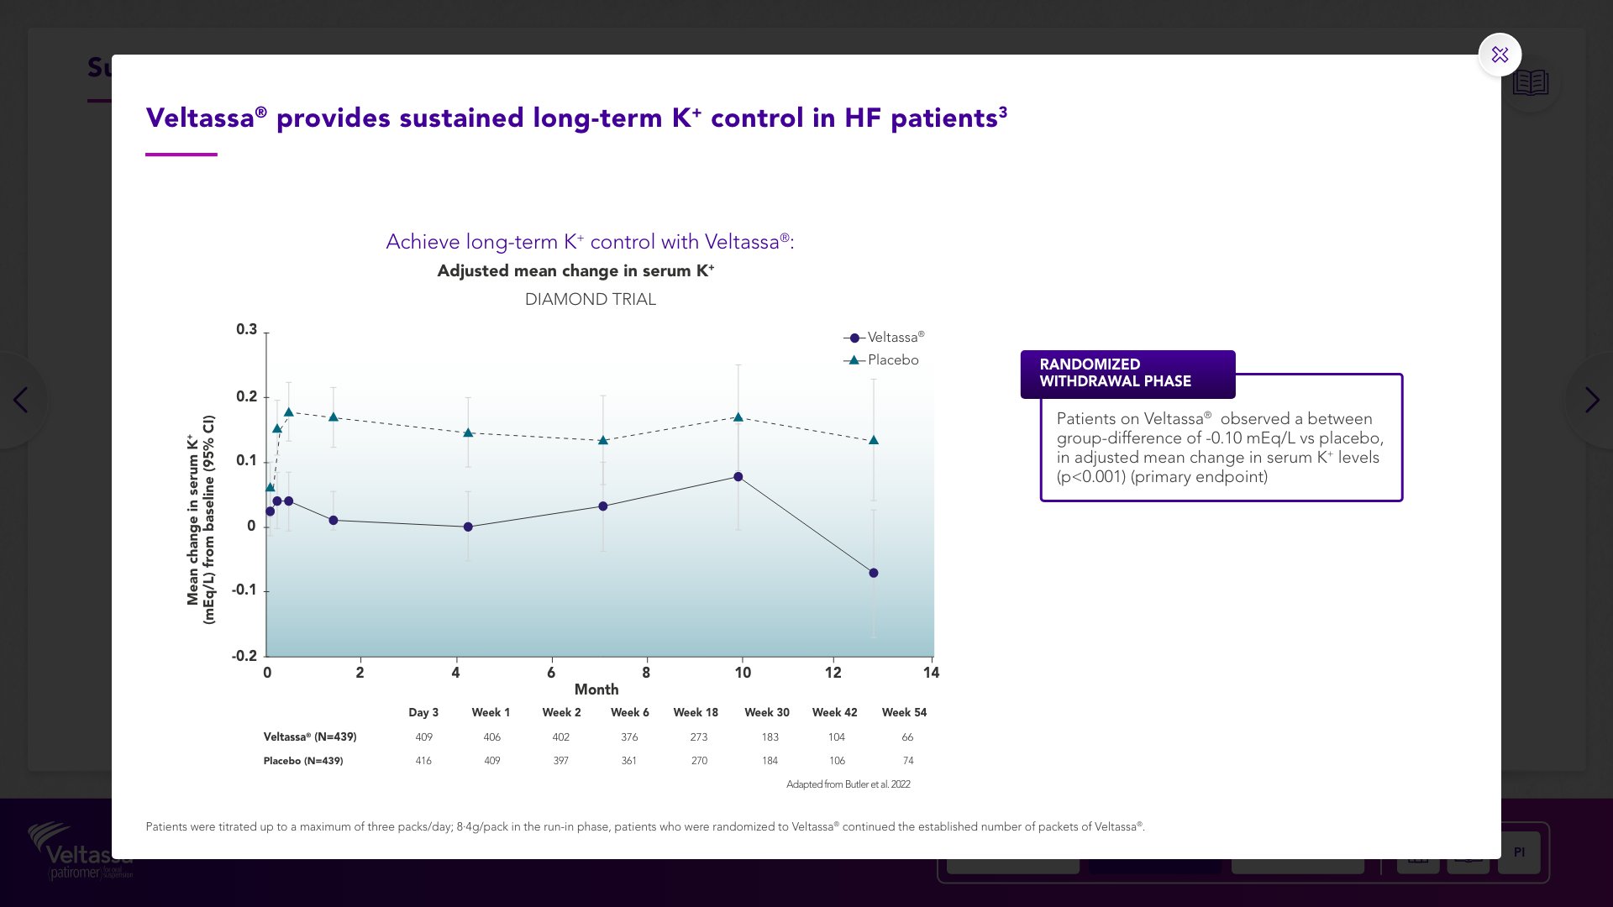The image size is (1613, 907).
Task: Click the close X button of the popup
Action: [1500, 55]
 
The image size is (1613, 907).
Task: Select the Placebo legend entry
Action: [892, 360]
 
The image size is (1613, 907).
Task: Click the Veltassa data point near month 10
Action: [738, 477]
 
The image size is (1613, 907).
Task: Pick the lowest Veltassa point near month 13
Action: [874, 573]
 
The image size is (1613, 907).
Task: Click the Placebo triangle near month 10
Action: [738, 417]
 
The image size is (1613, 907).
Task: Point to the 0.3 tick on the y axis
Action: [246, 329]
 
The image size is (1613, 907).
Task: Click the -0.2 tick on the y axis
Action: [244, 656]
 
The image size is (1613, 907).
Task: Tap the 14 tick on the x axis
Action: [931, 673]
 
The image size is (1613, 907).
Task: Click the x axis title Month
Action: [596, 689]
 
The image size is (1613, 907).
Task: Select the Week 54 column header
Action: [904, 712]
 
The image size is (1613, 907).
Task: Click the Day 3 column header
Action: [423, 712]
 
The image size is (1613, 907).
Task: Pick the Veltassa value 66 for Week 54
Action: [907, 737]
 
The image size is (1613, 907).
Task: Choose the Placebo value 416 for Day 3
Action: [423, 761]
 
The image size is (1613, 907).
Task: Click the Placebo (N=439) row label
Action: [303, 761]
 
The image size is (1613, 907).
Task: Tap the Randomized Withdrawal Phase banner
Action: [1127, 373]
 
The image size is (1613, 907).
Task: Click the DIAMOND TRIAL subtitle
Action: [591, 300]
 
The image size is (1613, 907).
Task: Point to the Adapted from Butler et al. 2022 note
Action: [848, 784]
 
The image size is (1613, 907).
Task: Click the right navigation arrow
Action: [1592, 400]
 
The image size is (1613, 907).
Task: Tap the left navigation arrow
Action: [21, 400]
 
